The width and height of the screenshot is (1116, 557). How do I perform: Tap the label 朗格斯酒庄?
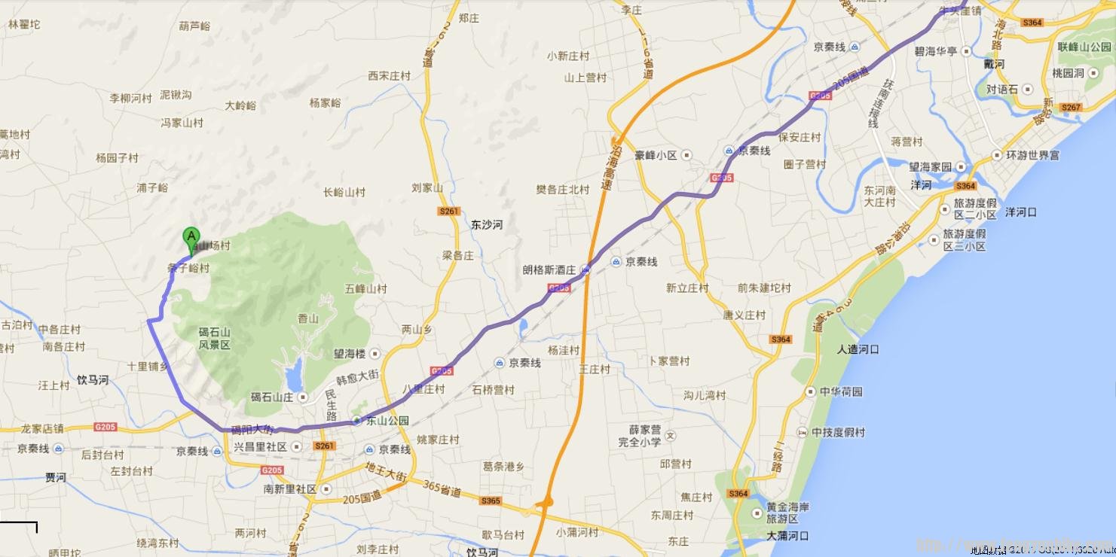pyautogui.click(x=549, y=269)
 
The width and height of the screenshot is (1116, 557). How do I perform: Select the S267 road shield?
pyautogui.click(x=1070, y=107)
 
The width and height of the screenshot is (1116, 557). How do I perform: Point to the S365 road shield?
pyautogui.click(x=490, y=501)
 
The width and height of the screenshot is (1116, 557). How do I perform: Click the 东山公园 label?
pyautogui.click(x=387, y=421)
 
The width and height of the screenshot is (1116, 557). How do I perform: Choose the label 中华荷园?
pyautogui.click(x=841, y=391)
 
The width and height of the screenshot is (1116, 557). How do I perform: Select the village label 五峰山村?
pyautogui.click(x=365, y=288)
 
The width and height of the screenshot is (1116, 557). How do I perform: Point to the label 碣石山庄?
pyautogui.click(x=271, y=397)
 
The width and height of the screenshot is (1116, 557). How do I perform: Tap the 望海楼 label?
pyautogui.click(x=350, y=353)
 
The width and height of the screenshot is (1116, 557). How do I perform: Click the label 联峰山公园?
pyautogui.click(x=1084, y=47)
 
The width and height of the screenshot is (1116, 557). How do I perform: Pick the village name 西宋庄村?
pyautogui.click(x=389, y=76)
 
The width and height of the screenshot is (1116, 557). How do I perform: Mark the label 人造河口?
pyautogui.click(x=858, y=349)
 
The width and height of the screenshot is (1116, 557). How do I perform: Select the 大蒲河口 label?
pyautogui.click(x=787, y=536)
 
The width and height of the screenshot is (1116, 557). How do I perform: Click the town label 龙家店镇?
pyautogui.click(x=42, y=428)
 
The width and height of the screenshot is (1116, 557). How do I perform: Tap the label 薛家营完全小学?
pyautogui.click(x=639, y=436)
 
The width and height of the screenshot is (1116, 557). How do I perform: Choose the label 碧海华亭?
pyautogui.click(x=935, y=51)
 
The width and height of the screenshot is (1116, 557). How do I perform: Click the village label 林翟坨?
pyautogui.click(x=25, y=24)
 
